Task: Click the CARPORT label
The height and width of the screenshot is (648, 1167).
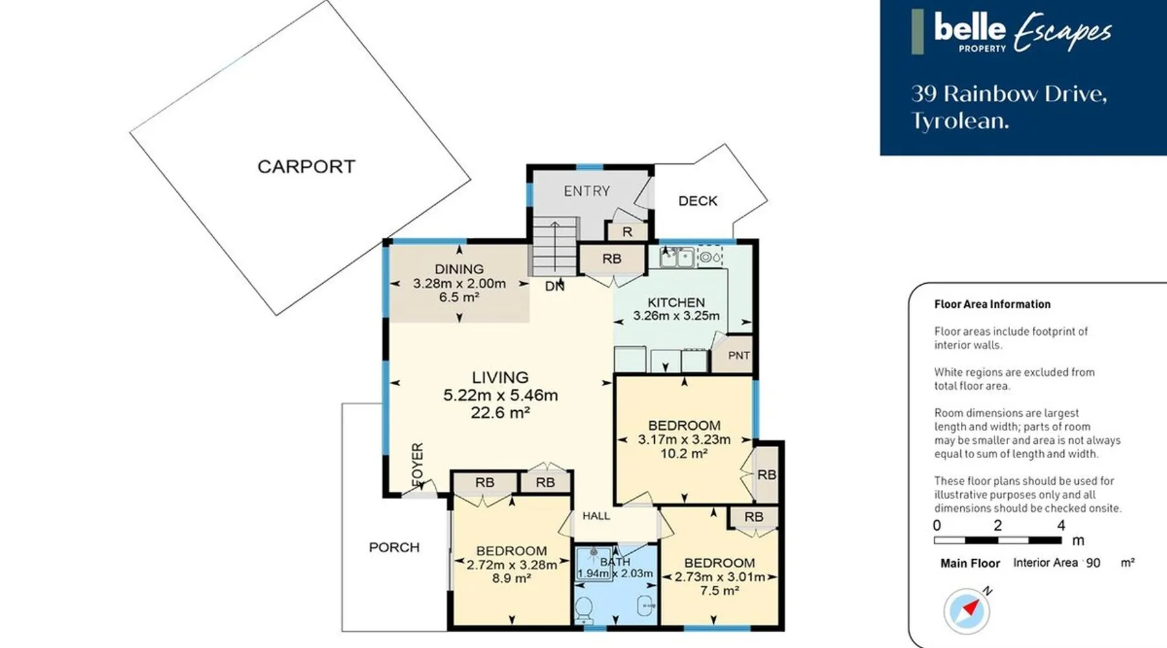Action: click(x=306, y=167)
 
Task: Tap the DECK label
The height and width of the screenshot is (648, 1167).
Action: click(x=698, y=201)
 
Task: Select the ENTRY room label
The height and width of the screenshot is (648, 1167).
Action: click(x=587, y=191)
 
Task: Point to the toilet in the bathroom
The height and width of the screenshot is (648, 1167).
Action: click(x=584, y=608)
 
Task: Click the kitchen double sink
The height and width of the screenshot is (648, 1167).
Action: click(x=677, y=257)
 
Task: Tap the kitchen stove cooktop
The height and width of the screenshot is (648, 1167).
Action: click(x=710, y=257)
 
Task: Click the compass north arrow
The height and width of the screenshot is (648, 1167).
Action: click(x=971, y=608)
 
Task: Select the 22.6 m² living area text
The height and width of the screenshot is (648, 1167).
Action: click(x=501, y=413)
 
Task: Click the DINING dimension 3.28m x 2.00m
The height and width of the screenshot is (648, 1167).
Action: click(x=460, y=283)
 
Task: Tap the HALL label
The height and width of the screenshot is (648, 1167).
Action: click(x=596, y=516)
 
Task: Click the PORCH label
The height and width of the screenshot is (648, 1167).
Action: click(x=394, y=548)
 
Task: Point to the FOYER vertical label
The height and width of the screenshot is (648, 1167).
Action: click(x=418, y=465)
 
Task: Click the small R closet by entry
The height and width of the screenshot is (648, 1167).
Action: click(x=627, y=231)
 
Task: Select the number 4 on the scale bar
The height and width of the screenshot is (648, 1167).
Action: click(x=1061, y=526)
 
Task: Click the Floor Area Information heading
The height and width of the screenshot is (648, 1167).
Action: click(x=992, y=304)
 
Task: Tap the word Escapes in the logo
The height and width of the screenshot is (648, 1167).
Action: click(x=1063, y=32)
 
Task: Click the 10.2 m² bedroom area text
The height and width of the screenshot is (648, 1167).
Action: click(x=684, y=454)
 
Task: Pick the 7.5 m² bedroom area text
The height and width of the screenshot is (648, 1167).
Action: click(x=720, y=591)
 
